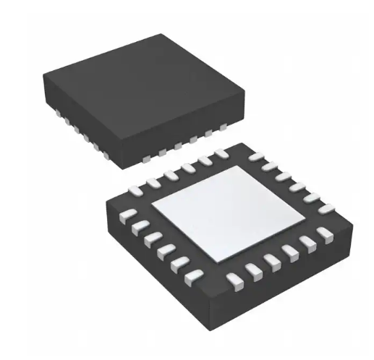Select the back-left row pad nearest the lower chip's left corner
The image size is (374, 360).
[135, 190]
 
